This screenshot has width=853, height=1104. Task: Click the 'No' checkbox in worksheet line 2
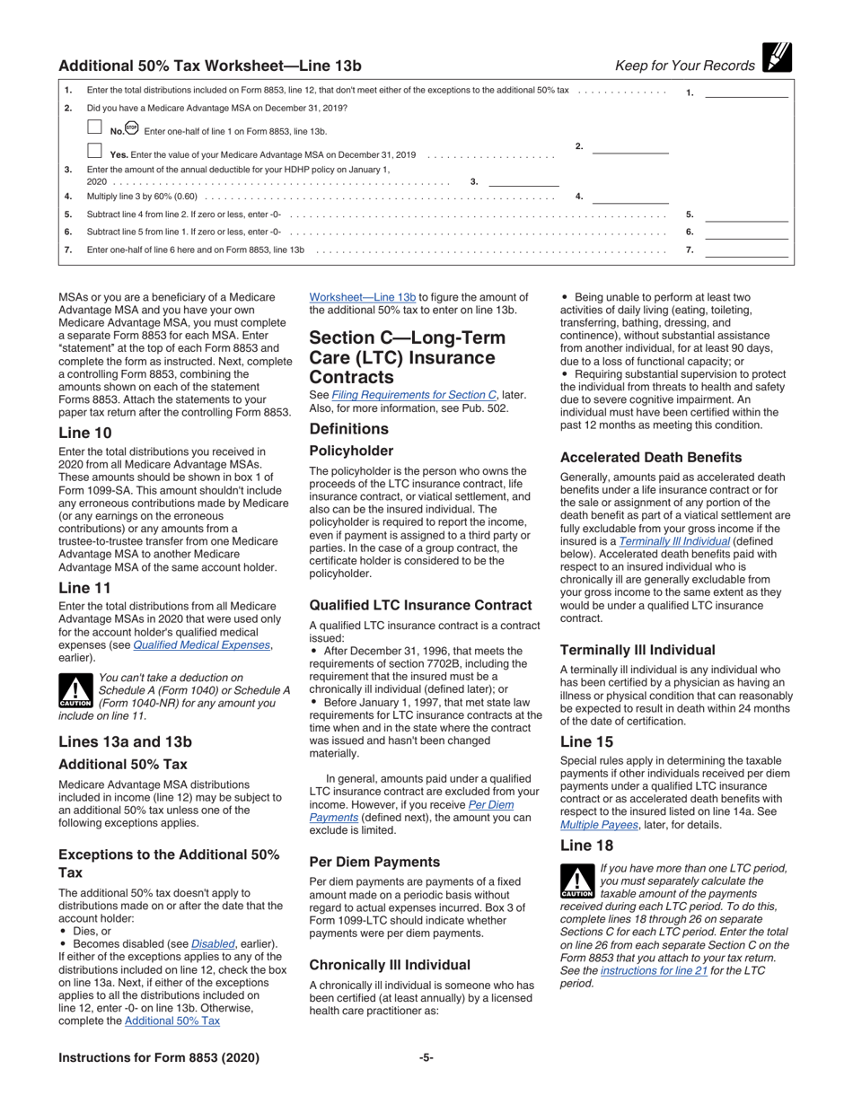(x=94, y=127)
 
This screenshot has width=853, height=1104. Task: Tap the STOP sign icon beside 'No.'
(x=132, y=128)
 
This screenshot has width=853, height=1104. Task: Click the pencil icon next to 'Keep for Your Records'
(x=776, y=58)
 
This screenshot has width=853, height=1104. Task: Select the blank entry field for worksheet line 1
(x=746, y=91)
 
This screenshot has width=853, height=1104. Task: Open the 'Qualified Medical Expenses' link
(x=202, y=644)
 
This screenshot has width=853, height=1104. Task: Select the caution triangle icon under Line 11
(x=75, y=689)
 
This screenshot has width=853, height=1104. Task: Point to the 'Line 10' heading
(x=85, y=433)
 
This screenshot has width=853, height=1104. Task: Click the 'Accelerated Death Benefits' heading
(x=651, y=457)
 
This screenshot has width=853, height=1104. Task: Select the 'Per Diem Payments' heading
(x=374, y=861)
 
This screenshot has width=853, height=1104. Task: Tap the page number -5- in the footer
(x=426, y=1057)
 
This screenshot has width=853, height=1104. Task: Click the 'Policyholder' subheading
(x=352, y=450)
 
